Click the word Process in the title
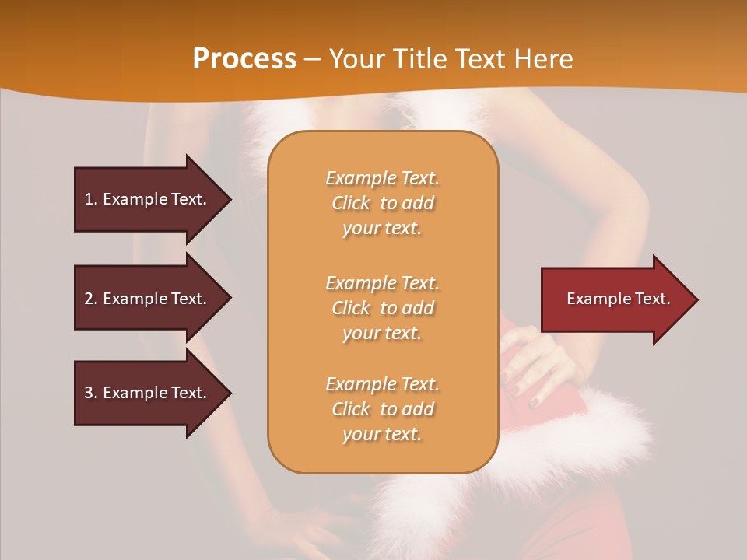(x=244, y=59)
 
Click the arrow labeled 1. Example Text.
(x=148, y=199)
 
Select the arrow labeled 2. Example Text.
(x=148, y=299)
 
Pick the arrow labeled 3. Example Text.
(x=148, y=393)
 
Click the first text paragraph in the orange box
(x=382, y=203)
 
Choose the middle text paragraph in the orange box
(x=382, y=308)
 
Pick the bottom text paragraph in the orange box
(x=382, y=409)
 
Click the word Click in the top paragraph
(x=351, y=203)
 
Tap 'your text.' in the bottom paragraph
(x=382, y=435)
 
